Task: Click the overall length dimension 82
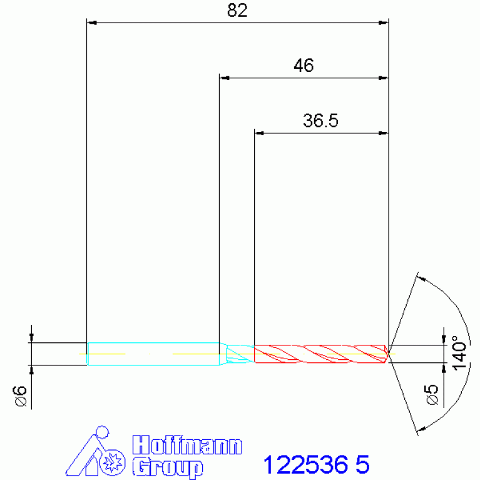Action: click(237, 11)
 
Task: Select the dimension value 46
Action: click(304, 66)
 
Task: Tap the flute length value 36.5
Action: click(320, 121)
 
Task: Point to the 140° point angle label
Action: click(459, 353)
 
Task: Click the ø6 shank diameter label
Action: click(20, 396)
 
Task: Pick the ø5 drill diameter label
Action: click(432, 396)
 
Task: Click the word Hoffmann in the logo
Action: click(187, 445)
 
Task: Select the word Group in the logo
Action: click(168, 467)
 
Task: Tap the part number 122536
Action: click(305, 465)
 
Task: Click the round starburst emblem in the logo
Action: click(113, 462)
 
